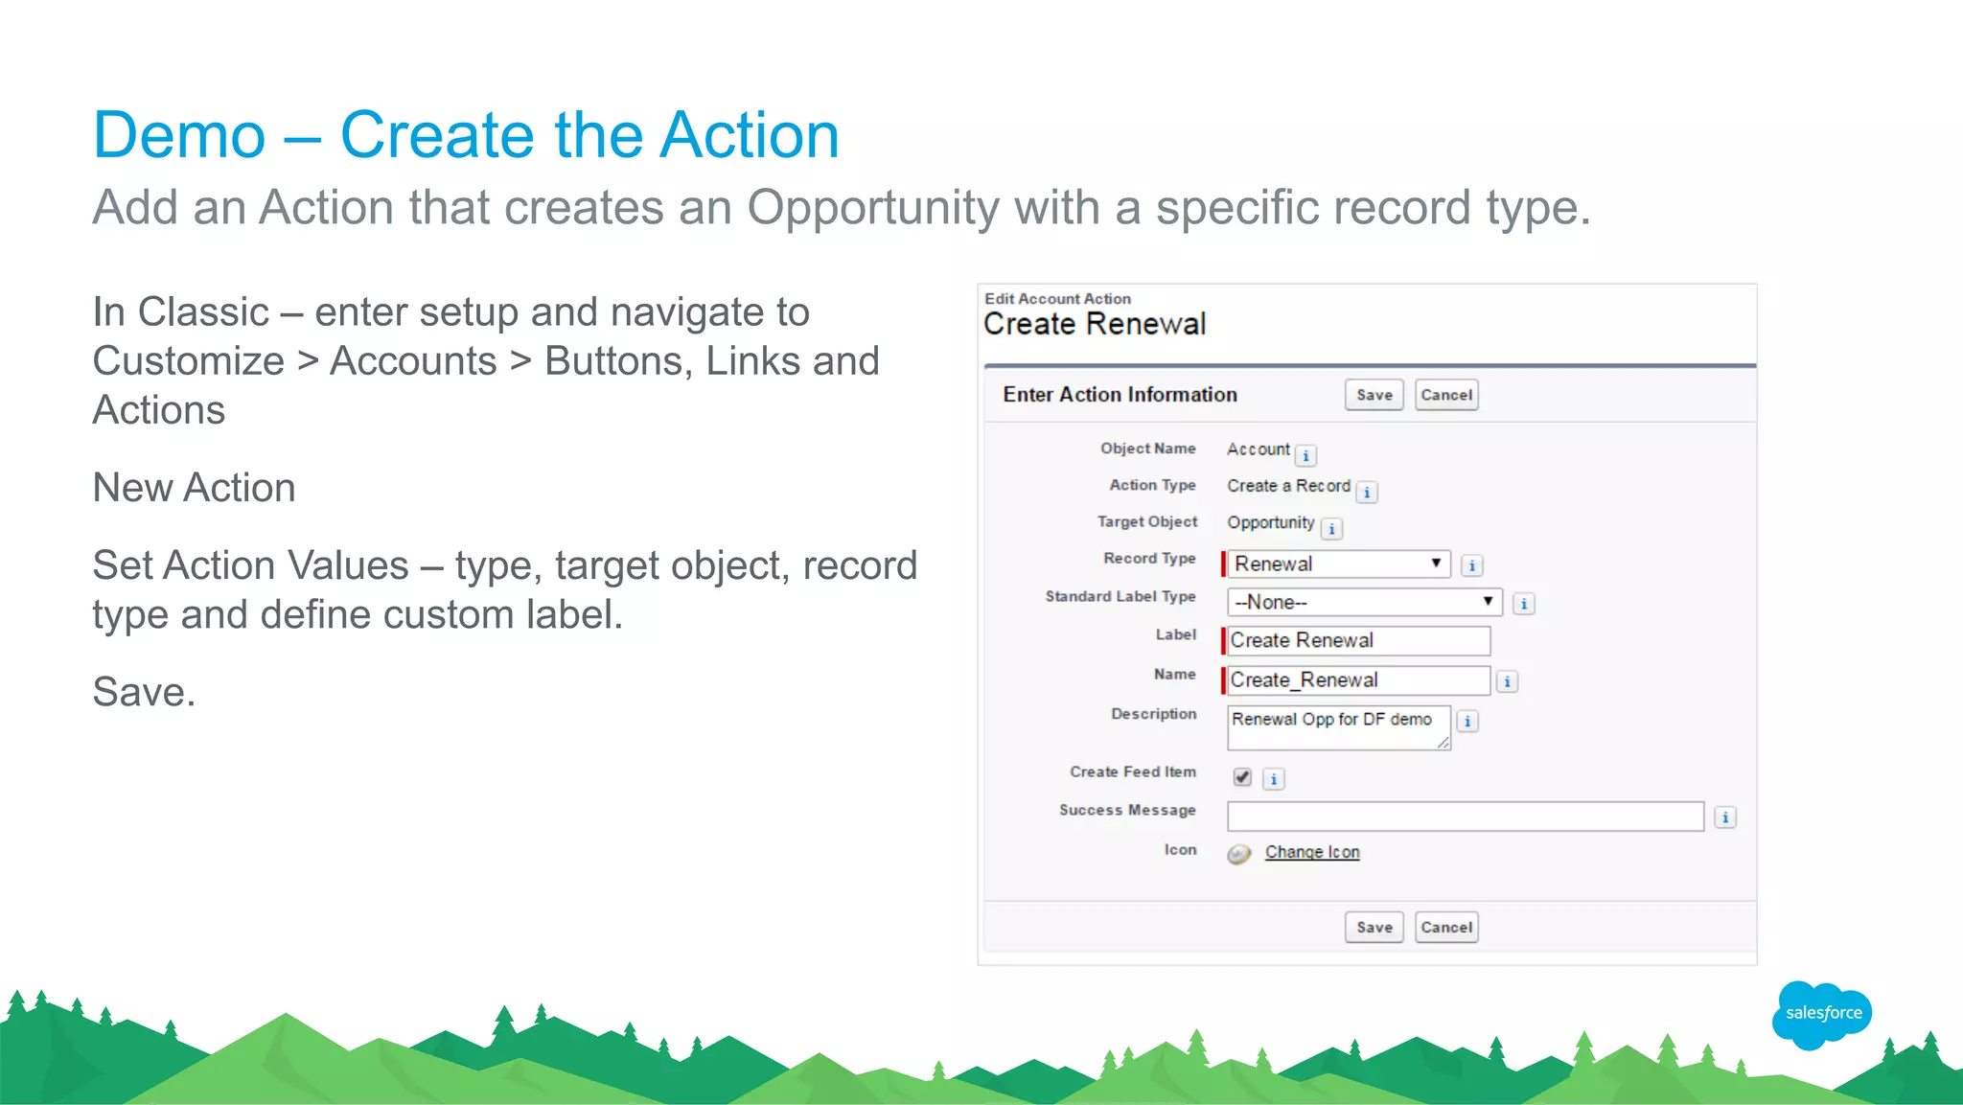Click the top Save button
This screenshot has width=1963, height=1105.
click(1374, 395)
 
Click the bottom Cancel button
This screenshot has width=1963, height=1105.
click(1445, 927)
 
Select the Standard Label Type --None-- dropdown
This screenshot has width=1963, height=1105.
click(1364, 602)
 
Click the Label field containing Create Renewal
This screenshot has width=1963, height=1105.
click(1357, 640)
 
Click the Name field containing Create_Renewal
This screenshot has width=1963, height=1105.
click(1357, 680)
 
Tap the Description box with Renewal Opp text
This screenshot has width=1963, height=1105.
click(1337, 727)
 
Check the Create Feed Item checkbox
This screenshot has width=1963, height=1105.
click(1242, 777)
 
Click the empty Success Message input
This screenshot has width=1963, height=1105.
click(1465, 817)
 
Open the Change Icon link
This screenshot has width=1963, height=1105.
click(1311, 852)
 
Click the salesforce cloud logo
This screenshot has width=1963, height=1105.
click(1822, 1013)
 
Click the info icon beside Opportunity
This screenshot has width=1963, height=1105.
click(1331, 529)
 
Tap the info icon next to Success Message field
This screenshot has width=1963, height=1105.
click(1724, 817)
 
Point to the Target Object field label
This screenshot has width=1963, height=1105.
click(1147, 521)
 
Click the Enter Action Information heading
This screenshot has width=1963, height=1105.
click(1120, 395)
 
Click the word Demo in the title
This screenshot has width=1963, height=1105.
click(179, 135)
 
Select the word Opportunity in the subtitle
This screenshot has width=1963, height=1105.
click(873, 208)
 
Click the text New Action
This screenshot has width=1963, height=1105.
click(194, 488)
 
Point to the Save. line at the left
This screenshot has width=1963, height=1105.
click(144, 692)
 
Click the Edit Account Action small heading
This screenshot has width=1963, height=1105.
click(1057, 299)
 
